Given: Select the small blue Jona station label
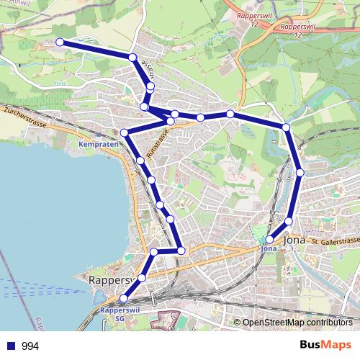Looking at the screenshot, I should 269,249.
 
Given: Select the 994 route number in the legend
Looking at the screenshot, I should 31,346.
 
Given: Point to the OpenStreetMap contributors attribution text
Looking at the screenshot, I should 297,323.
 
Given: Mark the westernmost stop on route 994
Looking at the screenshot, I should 60,42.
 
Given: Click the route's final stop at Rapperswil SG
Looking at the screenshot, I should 124,298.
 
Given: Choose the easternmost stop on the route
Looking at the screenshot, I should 300,173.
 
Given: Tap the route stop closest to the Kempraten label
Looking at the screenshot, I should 125,132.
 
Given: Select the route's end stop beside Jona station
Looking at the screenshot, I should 270,239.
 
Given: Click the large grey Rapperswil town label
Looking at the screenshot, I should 109,279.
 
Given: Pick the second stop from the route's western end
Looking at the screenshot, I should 132,57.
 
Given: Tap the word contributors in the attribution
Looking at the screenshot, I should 329,323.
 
